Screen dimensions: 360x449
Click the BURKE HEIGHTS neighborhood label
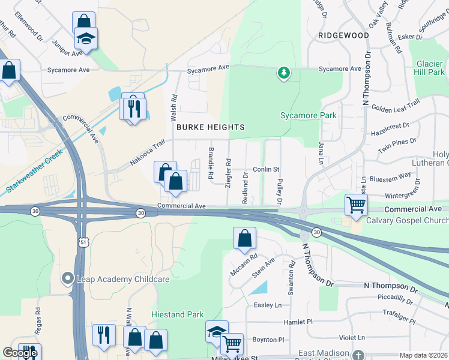(x=210, y=127)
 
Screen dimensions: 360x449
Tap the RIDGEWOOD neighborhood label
(x=343, y=35)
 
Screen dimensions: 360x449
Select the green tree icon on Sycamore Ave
(x=283, y=73)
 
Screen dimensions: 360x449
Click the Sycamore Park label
(x=309, y=115)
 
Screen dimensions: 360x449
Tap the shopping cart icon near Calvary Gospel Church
(x=356, y=205)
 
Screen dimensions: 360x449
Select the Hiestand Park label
(x=177, y=314)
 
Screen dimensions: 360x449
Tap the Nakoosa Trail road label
(x=147, y=154)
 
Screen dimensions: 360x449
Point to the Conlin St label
(x=266, y=170)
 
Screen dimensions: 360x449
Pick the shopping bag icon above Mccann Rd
(x=244, y=238)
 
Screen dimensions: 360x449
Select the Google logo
(x=19, y=353)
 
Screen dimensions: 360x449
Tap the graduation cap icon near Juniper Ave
(x=86, y=39)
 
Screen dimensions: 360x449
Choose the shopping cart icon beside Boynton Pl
(x=232, y=344)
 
